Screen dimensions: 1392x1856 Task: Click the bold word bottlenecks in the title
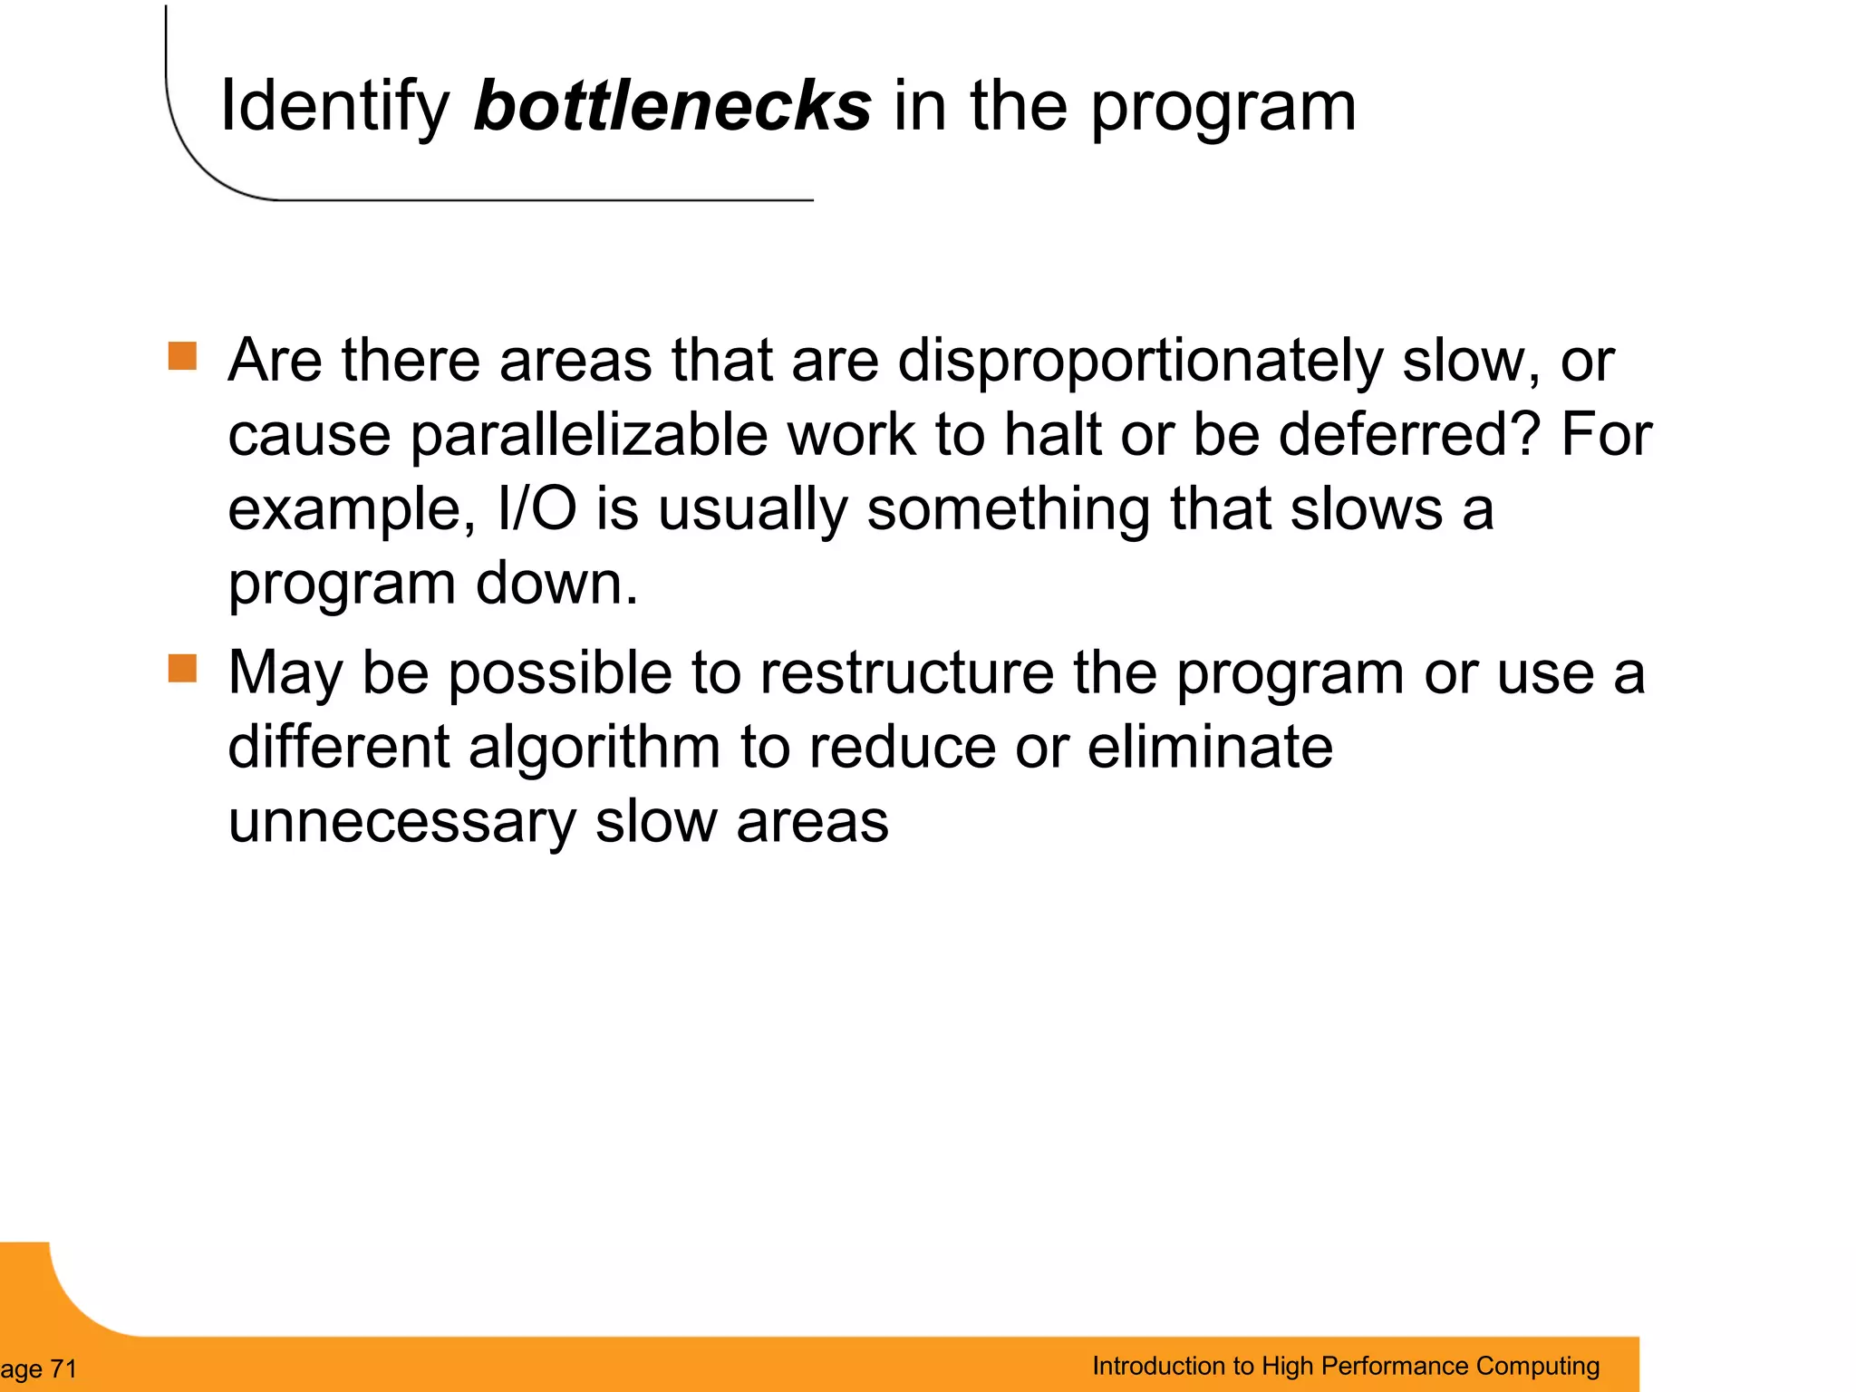[672, 106]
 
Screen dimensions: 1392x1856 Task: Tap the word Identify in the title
[334, 108]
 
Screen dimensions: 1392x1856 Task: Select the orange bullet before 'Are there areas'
[183, 356]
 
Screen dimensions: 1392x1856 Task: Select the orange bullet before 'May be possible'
[183, 669]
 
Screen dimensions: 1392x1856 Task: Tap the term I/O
[536, 508]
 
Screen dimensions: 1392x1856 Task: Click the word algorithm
[594, 748]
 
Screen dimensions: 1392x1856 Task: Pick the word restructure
[907, 673]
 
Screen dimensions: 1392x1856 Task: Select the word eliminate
[1209, 748]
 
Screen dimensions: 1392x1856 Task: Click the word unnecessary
[401, 822]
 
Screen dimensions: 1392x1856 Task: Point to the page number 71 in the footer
[63, 1368]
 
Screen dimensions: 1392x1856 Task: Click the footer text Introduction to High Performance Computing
[1346, 1366]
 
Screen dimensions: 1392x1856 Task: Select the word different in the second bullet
[338, 748]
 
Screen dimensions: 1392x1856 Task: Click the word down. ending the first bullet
[557, 583]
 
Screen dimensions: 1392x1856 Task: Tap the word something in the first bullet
[1008, 510]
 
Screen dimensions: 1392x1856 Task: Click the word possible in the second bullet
[560, 673]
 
